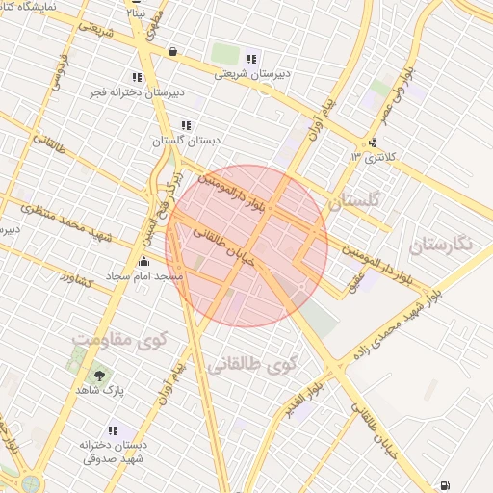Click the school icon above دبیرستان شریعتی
tap(252, 58)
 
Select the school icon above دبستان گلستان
tap(186, 125)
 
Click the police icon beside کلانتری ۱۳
tap(373, 145)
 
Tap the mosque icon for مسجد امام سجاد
tap(144, 261)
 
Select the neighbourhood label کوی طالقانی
tap(252, 365)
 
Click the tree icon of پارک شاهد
tap(98, 375)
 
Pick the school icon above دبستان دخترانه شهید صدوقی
tap(113, 430)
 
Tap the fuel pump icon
tap(444, 484)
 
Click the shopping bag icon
tap(172, 51)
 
